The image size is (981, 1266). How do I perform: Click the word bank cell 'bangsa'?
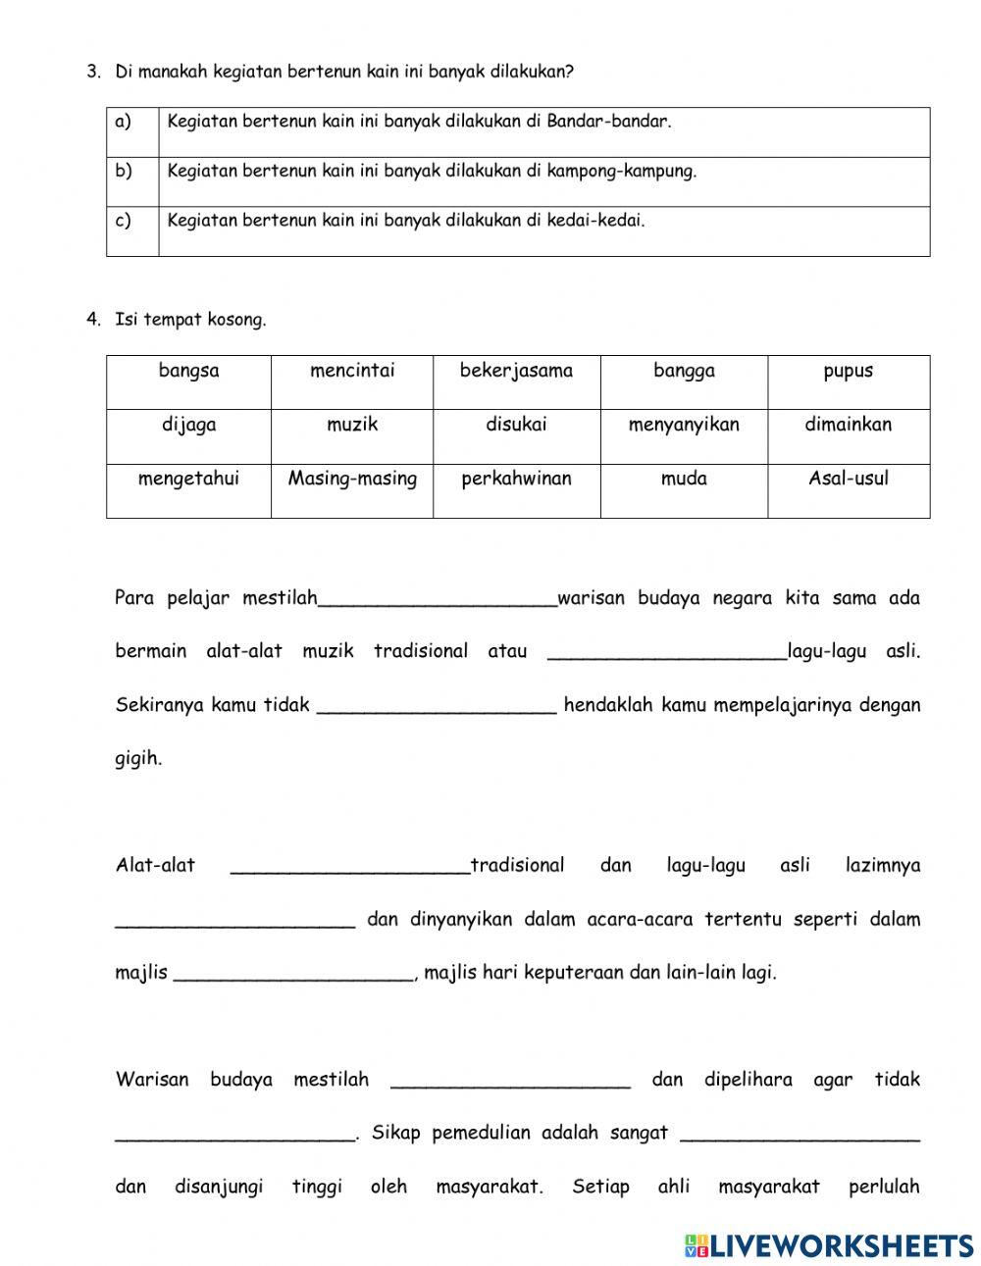[x=188, y=372]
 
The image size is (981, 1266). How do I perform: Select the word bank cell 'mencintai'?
[x=352, y=372]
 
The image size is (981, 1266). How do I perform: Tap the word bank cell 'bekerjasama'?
[x=516, y=372]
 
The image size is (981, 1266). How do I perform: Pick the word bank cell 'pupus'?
[x=848, y=372]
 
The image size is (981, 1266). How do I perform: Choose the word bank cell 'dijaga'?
[x=188, y=426]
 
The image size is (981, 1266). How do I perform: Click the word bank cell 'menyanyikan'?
[x=684, y=426]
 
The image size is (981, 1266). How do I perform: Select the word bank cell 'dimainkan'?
[x=848, y=426]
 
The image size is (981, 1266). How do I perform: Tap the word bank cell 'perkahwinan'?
[x=516, y=480]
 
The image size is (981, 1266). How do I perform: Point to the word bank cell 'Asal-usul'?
[x=848, y=480]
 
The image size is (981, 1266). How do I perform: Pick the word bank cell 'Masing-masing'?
[x=352, y=480]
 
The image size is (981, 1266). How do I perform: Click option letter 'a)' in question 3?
[x=124, y=123]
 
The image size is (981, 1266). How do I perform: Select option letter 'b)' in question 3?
[x=124, y=172]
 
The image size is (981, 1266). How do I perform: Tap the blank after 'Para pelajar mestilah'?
[x=438, y=601]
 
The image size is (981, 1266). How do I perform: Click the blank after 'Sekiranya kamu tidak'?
[x=437, y=708]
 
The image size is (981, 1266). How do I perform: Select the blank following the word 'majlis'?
[x=293, y=976]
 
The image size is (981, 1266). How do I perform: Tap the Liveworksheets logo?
[x=829, y=1245]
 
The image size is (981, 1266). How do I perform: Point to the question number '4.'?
[x=93, y=320]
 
